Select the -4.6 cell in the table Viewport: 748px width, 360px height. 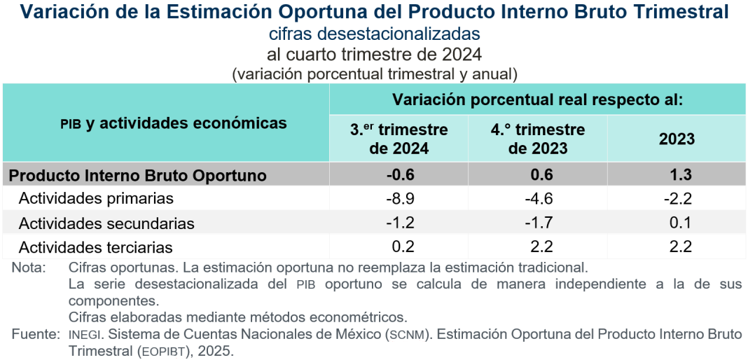537,199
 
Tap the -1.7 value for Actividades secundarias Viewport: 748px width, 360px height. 537,223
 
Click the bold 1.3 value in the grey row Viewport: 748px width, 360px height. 677,174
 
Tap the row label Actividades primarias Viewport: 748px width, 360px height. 96,199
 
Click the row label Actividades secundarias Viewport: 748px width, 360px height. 106,224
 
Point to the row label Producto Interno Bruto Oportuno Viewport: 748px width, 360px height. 138,175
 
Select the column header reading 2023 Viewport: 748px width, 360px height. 677,139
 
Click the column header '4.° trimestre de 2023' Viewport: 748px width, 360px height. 537,139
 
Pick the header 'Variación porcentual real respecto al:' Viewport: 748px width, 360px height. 537,99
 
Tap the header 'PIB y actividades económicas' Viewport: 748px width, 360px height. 173,123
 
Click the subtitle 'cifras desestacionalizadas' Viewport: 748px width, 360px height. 374,34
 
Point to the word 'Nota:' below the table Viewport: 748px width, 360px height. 29,268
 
